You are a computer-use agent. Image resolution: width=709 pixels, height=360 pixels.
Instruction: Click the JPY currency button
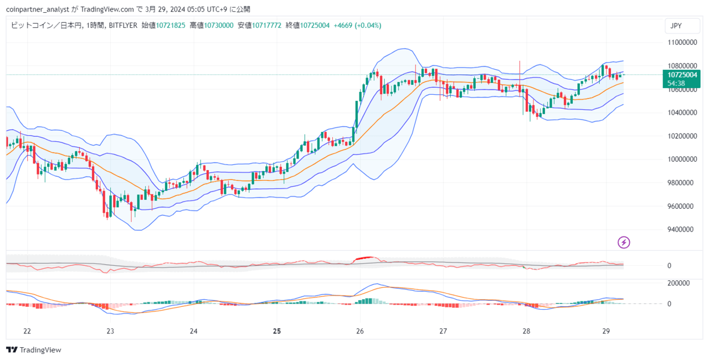point(676,26)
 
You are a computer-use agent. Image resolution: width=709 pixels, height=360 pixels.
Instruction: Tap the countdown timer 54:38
point(676,83)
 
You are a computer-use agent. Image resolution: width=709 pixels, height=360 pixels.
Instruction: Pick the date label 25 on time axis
point(277,331)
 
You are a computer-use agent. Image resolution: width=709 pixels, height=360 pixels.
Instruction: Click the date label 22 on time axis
point(27,331)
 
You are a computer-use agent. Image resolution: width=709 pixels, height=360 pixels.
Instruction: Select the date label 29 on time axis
point(605,331)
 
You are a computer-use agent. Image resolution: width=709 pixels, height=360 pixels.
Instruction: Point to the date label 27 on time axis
point(443,331)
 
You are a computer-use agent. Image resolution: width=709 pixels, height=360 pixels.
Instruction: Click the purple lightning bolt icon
point(624,242)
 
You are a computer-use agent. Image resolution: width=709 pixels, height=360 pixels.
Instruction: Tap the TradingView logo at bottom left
point(34,350)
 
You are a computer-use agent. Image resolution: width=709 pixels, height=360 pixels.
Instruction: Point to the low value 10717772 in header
point(267,25)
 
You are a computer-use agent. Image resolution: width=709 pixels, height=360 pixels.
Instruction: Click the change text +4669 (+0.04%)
point(357,25)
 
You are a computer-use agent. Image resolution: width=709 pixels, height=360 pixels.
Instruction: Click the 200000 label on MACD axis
point(678,283)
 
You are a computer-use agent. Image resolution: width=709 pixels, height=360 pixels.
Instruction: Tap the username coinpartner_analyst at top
point(37,9)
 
